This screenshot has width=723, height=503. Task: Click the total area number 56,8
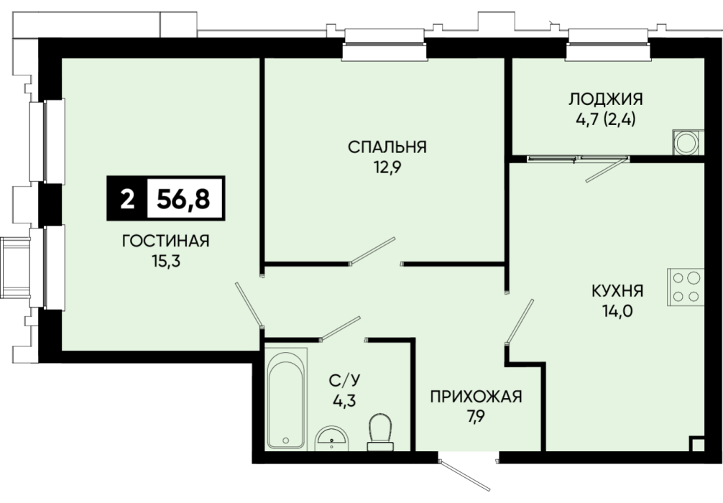[x=183, y=199]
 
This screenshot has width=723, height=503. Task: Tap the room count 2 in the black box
[x=127, y=200]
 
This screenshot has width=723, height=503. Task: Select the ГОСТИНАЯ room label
[x=166, y=241]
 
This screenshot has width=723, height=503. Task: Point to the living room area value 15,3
[x=166, y=262]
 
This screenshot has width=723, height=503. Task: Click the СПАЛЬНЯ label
[x=387, y=147]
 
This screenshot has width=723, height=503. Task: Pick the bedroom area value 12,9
[x=387, y=167]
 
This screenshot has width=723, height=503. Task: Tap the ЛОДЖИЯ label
[x=606, y=99]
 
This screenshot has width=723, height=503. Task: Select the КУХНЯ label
[x=617, y=291]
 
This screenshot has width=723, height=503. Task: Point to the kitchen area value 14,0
[x=617, y=311]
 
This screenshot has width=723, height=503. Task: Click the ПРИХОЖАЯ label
[x=476, y=397]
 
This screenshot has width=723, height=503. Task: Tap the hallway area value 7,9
[x=476, y=417]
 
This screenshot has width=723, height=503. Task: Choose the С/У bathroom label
[x=344, y=381]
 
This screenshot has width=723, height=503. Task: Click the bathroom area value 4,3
[x=344, y=401]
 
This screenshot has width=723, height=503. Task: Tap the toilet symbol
[x=380, y=432]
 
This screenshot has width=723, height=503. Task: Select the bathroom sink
[x=332, y=438]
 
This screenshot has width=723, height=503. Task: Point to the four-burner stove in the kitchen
[x=686, y=287]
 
